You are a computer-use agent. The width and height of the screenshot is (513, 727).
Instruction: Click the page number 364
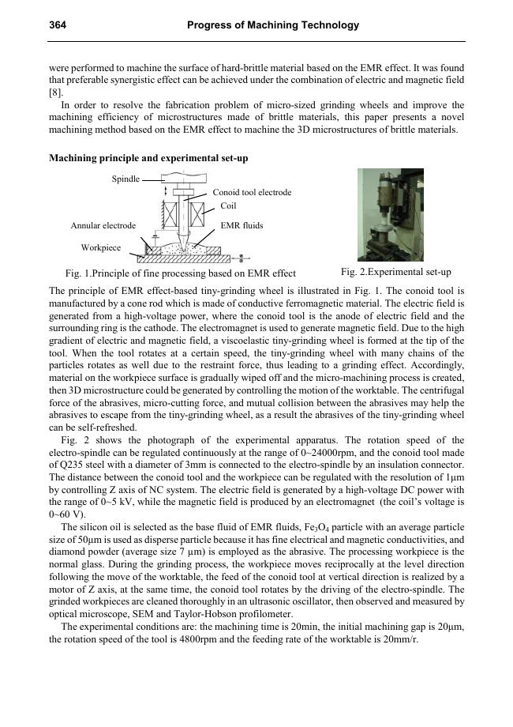point(57,25)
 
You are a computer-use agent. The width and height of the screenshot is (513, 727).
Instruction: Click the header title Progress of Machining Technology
point(273,25)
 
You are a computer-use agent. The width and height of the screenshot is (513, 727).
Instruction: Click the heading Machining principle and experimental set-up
point(148,158)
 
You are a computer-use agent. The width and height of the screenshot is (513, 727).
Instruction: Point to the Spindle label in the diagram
point(125,179)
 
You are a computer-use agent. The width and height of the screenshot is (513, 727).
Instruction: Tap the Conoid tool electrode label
point(252,192)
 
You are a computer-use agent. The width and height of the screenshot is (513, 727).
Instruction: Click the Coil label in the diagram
point(228,206)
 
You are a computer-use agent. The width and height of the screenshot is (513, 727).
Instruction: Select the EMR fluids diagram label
point(242,225)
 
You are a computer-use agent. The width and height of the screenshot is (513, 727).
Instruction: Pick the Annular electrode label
point(103,225)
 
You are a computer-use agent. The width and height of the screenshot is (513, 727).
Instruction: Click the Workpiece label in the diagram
point(101,247)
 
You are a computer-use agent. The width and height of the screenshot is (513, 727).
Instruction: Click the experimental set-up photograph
point(390,215)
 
